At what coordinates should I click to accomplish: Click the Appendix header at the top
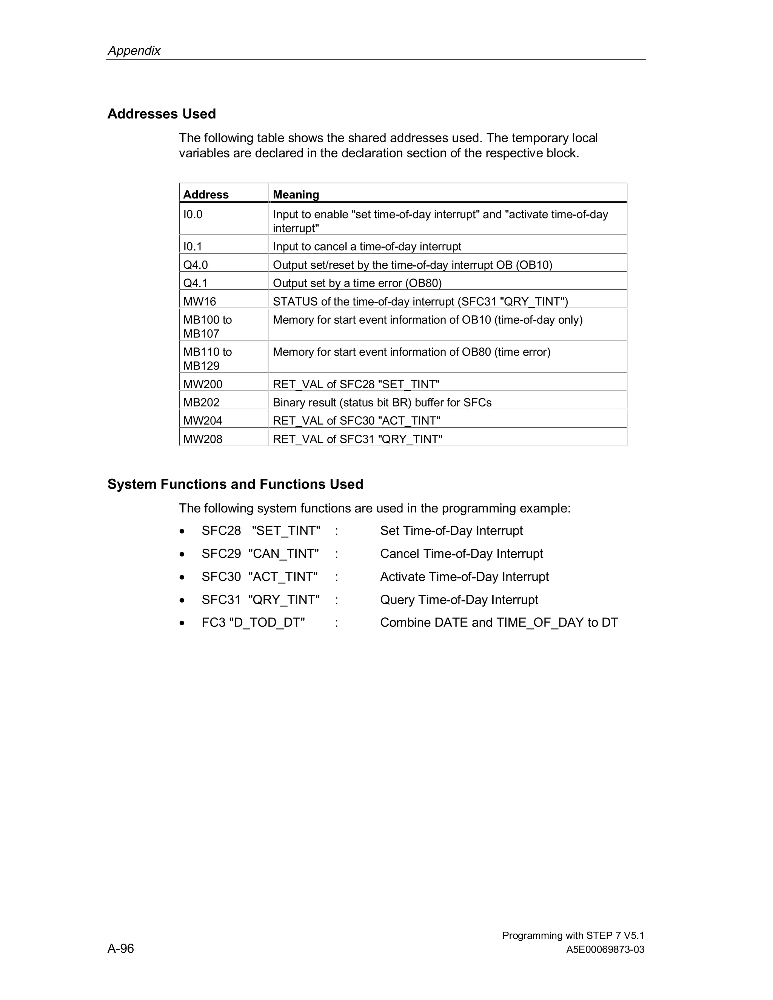pyautogui.click(x=134, y=50)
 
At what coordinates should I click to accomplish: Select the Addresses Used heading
pyautogui.click(x=161, y=114)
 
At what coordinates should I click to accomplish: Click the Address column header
pyautogui.click(x=206, y=195)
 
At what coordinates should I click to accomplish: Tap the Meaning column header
pyautogui.click(x=296, y=195)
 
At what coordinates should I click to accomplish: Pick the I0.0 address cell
pyautogui.click(x=193, y=214)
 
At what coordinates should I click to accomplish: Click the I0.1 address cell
pyautogui.click(x=193, y=246)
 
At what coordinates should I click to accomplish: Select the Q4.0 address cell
pyautogui.click(x=196, y=265)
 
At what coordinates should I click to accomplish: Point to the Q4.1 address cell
pyautogui.click(x=196, y=283)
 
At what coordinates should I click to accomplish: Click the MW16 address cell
pyautogui.click(x=200, y=301)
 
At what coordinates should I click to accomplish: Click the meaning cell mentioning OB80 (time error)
pyautogui.click(x=411, y=352)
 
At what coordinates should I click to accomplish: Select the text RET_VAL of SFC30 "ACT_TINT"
pyautogui.click(x=356, y=420)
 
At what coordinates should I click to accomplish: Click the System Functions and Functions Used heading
pyautogui.click(x=235, y=484)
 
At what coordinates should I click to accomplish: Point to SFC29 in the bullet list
pyautogui.click(x=221, y=554)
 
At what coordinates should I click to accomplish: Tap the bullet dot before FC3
pyautogui.click(x=182, y=623)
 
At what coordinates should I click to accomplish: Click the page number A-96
pyautogui.click(x=120, y=948)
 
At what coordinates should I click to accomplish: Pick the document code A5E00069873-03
pyautogui.click(x=605, y=950)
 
